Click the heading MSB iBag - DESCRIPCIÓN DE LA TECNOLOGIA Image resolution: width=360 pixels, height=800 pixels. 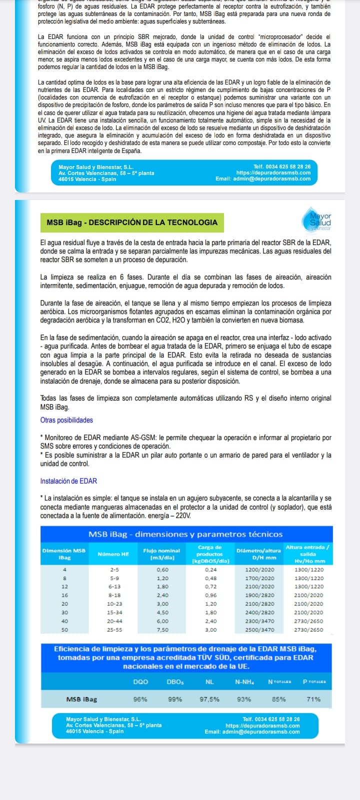coord(131,222)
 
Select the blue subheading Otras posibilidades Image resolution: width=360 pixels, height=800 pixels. coord(66,420)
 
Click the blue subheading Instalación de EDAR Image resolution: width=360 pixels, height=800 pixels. coord(68,481)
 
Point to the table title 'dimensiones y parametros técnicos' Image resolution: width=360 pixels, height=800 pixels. coord(185,534)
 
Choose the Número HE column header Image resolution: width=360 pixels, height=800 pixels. coord(113,554)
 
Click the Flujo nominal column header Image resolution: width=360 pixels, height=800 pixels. coord(161,554)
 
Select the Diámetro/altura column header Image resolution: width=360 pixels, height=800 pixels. coord(258,554)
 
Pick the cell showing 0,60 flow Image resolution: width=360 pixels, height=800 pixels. coord(162,569)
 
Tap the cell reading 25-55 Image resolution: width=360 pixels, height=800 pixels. coord(114,629)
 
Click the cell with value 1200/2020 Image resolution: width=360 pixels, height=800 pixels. coord(260,569)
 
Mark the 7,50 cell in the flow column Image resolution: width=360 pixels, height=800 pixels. coord(162,629)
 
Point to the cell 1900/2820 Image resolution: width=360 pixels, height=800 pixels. coord(260,595)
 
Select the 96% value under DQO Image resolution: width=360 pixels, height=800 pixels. coord(140,699)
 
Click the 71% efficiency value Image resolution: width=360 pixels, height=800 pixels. coord(313,699)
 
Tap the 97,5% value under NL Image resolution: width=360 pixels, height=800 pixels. coord(209,699)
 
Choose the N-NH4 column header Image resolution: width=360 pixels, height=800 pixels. coord(244,681)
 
